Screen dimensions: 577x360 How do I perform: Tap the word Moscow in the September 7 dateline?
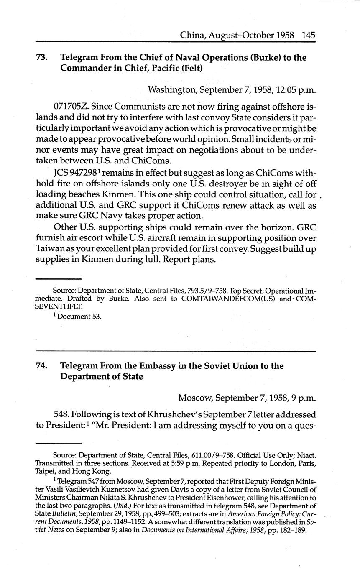tap(194, 398)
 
